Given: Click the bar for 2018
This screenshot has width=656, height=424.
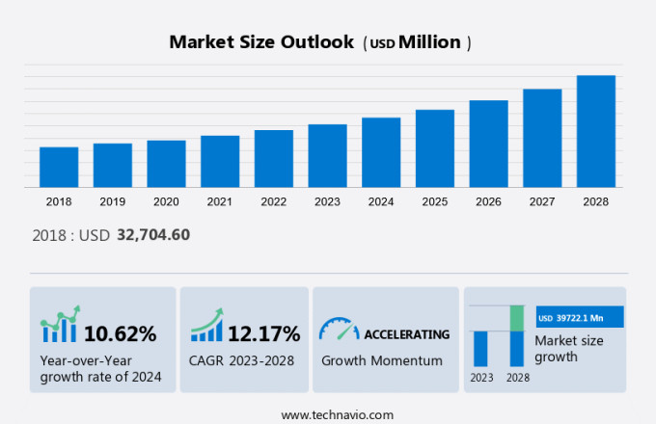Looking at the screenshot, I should point(59,167).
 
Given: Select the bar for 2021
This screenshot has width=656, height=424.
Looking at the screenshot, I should point(220,161).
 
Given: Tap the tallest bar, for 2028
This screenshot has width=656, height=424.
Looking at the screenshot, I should point(596,131).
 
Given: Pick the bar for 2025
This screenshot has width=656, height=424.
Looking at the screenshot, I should point(435,148).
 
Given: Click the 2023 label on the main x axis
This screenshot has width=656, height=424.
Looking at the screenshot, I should point(327,201).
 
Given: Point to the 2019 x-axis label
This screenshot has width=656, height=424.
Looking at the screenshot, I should point(112,201).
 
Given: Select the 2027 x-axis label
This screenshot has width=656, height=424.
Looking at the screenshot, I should point(542,201).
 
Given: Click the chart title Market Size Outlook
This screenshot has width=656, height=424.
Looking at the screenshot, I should point(260,42).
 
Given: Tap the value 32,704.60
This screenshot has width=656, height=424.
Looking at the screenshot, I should point(153,234).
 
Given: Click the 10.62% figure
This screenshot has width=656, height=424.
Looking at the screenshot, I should point(120,334).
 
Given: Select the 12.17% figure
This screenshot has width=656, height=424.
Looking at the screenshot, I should point(264,334).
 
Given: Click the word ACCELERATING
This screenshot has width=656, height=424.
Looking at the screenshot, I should point(406,334).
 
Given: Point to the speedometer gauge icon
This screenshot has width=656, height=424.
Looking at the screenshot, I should point(339,330).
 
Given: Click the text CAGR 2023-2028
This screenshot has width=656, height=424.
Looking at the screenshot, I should point(240,361).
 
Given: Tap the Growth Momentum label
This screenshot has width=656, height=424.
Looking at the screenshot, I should point(382,361).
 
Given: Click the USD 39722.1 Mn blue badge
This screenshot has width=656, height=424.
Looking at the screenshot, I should point(579,317).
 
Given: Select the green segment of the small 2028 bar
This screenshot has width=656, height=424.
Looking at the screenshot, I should point(517,318).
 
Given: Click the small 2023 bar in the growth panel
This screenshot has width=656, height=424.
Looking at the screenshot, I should point(480,348).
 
